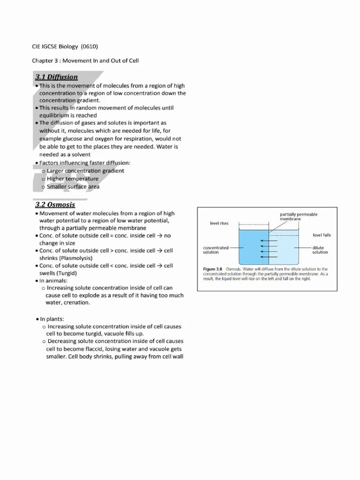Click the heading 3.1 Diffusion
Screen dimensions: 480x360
coord(56,77)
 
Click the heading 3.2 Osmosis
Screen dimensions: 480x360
coord(55,205)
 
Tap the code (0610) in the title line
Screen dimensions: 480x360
coord(90,46)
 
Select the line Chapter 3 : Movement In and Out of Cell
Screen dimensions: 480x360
coord(85,60)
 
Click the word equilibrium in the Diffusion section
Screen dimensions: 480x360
coord(55,115)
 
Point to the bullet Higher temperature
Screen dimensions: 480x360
coord(73,179)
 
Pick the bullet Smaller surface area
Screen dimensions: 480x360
coord(73,187)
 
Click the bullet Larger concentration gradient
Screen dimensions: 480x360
coord(85,171)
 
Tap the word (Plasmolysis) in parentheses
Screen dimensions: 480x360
coord(72,258)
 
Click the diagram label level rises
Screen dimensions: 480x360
coord(219,224)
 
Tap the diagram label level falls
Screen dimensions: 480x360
coord(322,235)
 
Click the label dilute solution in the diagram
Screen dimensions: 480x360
coord(320,250)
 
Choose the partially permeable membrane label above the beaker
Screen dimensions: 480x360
coord(299,217)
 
